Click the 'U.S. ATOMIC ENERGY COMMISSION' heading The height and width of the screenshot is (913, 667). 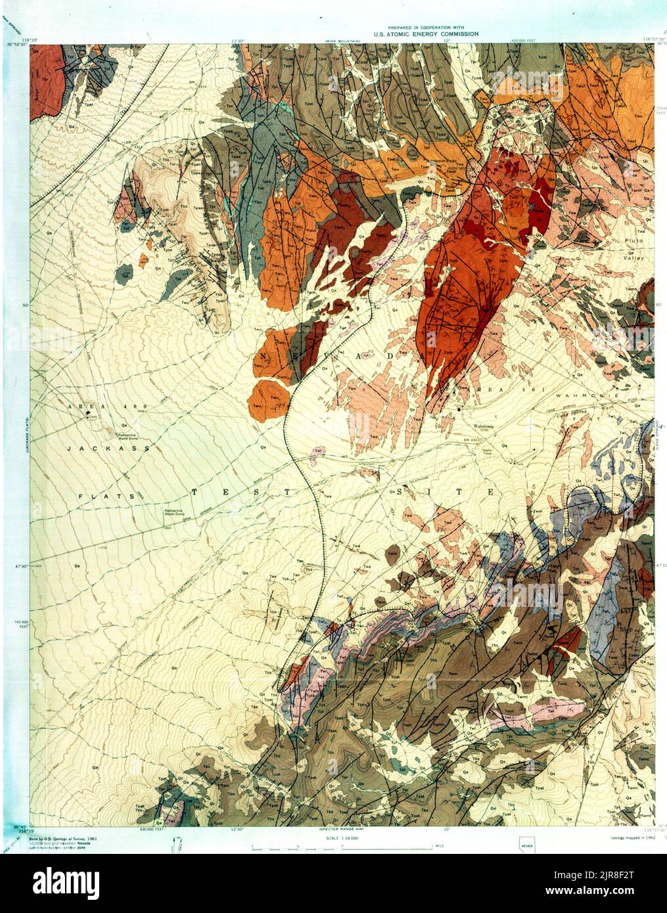click(426, 33)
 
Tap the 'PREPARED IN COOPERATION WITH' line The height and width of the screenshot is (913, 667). click(426, 28)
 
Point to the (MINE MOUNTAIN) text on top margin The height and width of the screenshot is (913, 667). click(342, 41)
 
